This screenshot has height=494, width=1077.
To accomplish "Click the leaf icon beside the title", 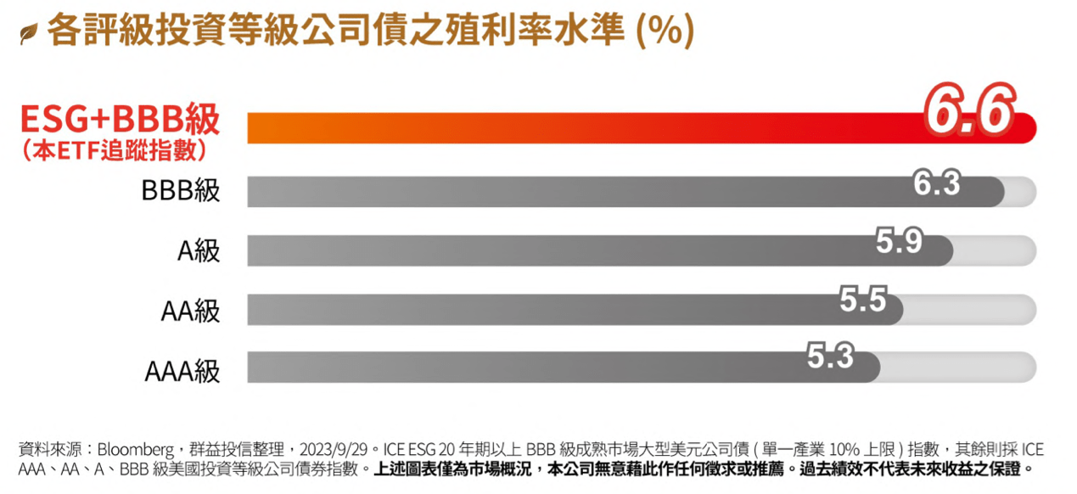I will pyautogui.click(x=28, y=34).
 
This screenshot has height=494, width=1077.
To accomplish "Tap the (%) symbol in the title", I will pyautogui.click(x=665, y=31).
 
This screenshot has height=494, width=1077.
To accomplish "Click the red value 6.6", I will pyautogui.click(x=969, y=111).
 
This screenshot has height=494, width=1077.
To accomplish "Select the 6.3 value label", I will pyautogui.click(x=936, y=182).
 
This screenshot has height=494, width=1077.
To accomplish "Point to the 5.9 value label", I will pyautogui.click(x=899, y=242).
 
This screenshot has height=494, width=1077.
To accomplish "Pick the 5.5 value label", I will pyautogui.click(x=862, y=300).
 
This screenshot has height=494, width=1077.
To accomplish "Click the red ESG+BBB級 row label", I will pyautogui.click(x=120, y=120).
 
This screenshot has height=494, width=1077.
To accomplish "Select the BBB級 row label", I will pyautogui.click(x=180, y=190).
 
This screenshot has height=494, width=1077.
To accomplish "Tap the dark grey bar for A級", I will pyautogui.click(x=552, y=250).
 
